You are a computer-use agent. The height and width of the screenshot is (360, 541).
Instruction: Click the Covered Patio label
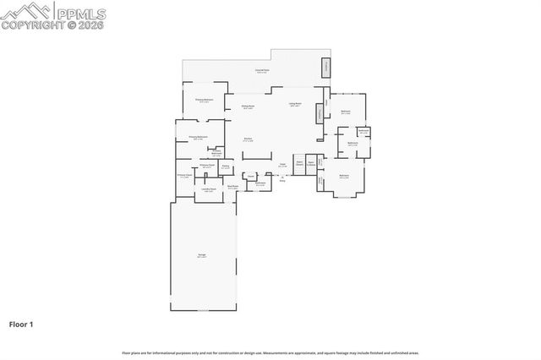[263, 72]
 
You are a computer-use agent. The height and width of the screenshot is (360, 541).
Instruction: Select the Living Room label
[296, 105]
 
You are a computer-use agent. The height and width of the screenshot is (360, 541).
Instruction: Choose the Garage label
[202, 255]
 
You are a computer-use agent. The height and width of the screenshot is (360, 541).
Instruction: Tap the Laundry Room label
[209, 190]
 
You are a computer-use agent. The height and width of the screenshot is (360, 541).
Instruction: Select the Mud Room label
[232, 187]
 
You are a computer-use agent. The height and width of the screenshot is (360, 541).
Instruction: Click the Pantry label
[227, 166]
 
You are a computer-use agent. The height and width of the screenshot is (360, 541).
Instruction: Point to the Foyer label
[282, 165]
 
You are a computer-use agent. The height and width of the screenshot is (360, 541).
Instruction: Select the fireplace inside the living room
[319, 113]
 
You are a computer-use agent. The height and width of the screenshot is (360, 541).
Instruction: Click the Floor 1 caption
[21, 324]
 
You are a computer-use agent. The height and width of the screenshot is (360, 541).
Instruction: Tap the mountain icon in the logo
[26, 10]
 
